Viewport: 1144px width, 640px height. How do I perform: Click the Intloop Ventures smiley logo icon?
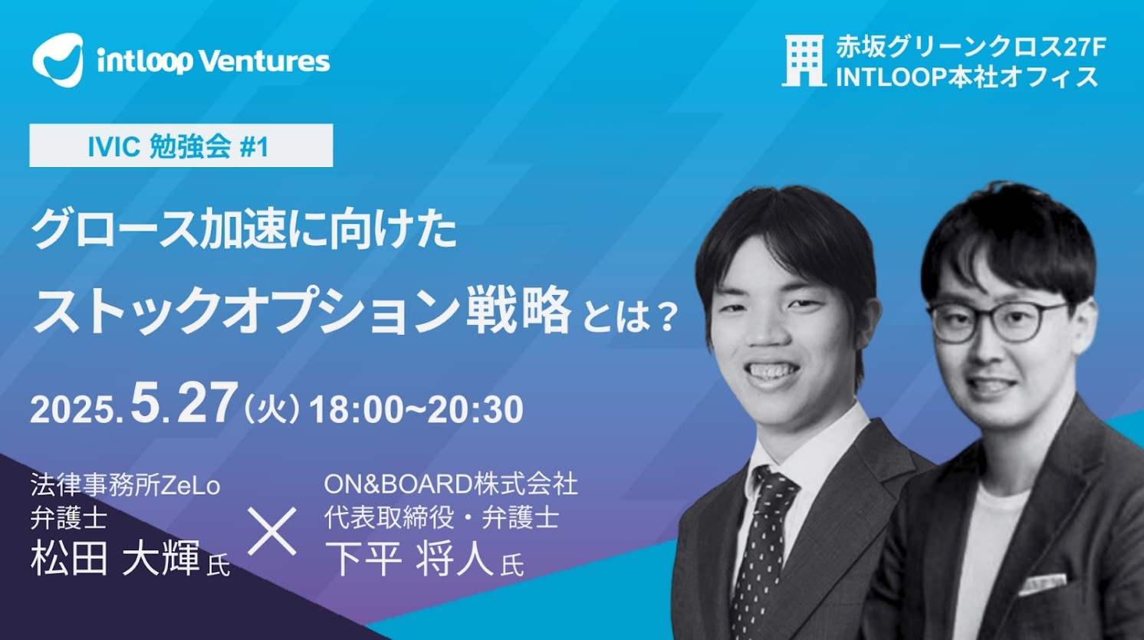coord(58,60)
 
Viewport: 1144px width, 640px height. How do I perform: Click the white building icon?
coord(804,61)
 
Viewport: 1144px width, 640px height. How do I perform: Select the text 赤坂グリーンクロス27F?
coord(971,48)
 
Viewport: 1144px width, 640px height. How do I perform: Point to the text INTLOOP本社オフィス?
coord(967,77)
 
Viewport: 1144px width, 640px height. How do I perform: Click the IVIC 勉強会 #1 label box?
coord(181,146)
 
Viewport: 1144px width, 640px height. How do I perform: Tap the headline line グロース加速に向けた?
coord(244,231)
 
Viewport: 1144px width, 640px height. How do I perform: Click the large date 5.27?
coord(185,404)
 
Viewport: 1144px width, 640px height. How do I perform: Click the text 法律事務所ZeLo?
coord(125,485)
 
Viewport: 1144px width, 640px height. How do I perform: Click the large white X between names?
coord(272,531)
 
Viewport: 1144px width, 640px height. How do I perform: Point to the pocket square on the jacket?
coord(1042,584)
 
